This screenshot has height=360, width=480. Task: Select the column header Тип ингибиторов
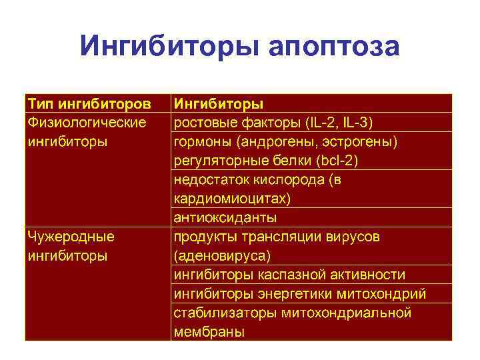click(89, 103)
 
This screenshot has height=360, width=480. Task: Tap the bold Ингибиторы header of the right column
click(218, 103)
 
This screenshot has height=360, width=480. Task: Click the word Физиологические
click(86, 123)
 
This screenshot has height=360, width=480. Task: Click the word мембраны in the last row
click(209, 331)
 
